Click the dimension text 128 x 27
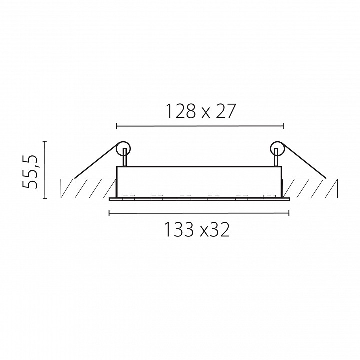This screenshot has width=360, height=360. click(x=201, y=111)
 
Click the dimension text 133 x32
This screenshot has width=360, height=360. click(x=197, y=230)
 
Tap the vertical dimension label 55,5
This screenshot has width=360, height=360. click(x=30, y=171)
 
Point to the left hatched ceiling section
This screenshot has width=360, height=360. click(x=88, y=188)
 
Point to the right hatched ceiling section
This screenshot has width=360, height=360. click(x=310, y=188)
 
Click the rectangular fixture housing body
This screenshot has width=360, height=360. click(x=199, y=182)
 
